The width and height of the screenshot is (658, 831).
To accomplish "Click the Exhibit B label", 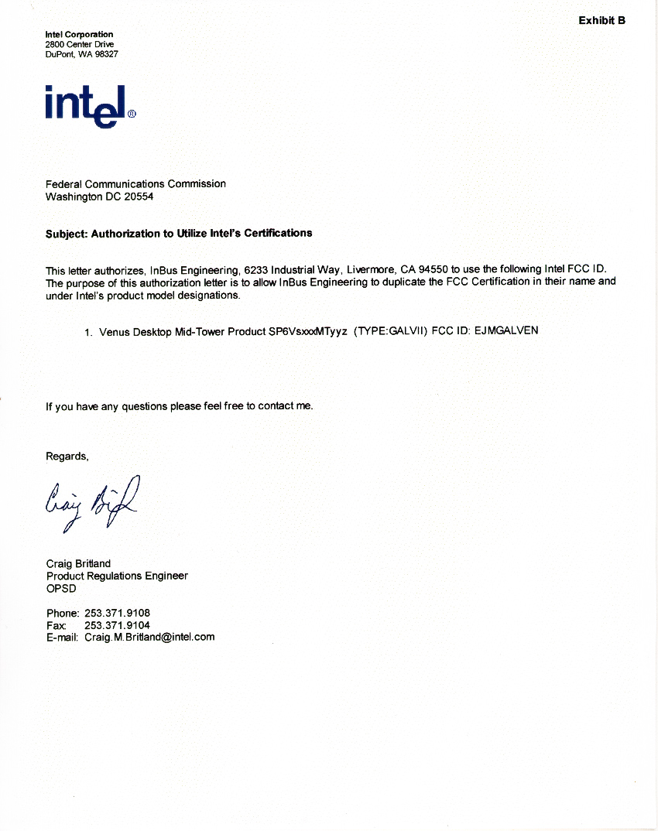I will click(601, 20).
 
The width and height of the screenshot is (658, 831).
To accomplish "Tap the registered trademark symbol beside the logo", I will click(132, 114).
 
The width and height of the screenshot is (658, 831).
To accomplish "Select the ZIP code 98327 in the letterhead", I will click(106, 55).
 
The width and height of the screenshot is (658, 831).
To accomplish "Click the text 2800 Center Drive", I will click(79, 45).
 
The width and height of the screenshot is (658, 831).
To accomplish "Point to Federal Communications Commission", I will click(135, 184).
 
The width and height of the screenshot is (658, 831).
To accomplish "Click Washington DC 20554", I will click(100, 197).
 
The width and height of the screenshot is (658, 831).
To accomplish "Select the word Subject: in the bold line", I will click(67, 233).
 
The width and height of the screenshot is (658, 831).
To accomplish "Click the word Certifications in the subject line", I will click(279, 232).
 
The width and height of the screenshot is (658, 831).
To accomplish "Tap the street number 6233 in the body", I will click(255, 270).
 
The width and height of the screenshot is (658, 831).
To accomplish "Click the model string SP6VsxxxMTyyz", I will click(307, 331).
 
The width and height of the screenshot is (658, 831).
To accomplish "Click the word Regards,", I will click(67, 457).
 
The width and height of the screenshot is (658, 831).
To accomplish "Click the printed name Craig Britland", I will click(78, 564).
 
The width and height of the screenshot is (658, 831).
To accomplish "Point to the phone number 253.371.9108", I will click(117, 613).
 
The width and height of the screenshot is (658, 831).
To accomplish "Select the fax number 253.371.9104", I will click(117, 625).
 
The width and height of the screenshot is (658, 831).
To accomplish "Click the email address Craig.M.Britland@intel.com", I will click(149, 638).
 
